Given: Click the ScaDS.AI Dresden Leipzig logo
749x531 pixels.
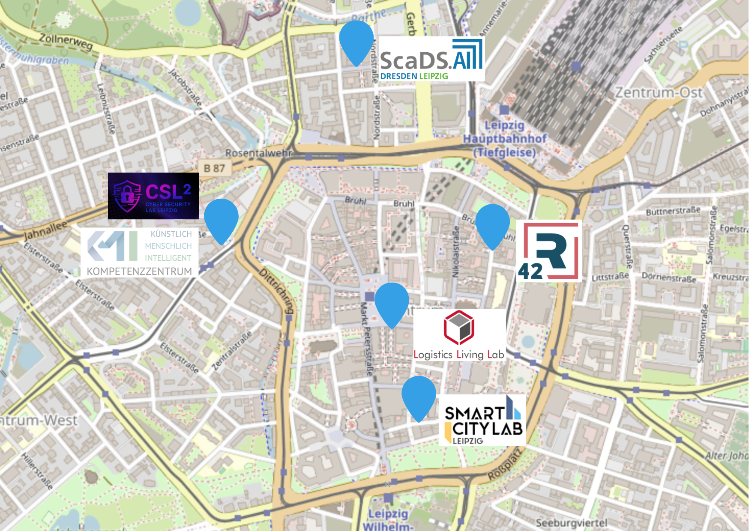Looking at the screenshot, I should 431,59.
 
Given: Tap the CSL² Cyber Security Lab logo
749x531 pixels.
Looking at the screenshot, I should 153,196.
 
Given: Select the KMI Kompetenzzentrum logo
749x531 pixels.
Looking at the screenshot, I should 139,253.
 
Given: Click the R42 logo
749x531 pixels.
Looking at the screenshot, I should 549,251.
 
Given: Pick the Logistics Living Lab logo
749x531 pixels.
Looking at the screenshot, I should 459,334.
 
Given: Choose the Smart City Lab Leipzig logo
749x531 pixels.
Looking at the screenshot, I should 482,421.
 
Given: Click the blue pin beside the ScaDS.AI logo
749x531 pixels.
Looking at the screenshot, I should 356,41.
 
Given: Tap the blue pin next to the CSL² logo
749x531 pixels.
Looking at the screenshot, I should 221,219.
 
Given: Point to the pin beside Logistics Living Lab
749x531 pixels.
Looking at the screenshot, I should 392,302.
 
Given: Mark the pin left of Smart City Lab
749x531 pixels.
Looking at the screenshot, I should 419,396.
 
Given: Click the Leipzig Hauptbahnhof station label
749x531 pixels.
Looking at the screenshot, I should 505,139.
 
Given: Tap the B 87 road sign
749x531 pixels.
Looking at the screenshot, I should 214,168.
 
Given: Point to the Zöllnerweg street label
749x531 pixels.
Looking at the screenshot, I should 66,42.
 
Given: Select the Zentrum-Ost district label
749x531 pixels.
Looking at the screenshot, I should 659,92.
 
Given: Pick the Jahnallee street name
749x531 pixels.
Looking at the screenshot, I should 45,230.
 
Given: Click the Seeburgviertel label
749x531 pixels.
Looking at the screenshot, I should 571,523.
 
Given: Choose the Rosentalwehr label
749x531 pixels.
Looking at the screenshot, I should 258,153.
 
